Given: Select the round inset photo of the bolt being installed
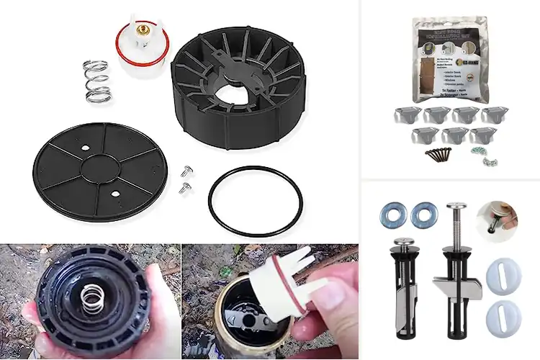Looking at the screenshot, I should tap(500, 221).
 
